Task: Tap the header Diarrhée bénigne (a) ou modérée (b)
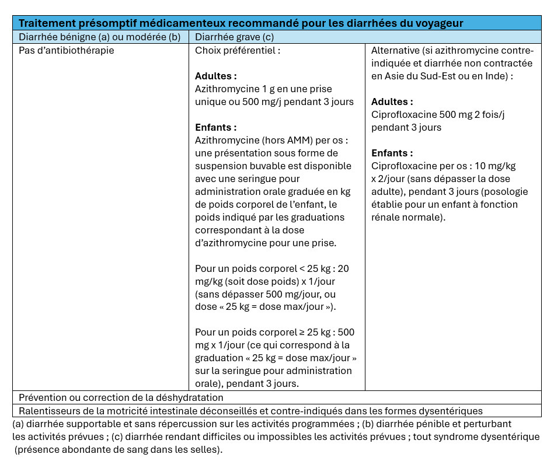[x=100, y=37]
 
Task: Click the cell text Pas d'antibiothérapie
[x=67, y=50]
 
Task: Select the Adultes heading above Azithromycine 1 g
[x=216, y=76]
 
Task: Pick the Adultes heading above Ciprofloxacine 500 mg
[x=392, y=102]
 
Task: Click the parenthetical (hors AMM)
[x=276, y=140]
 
